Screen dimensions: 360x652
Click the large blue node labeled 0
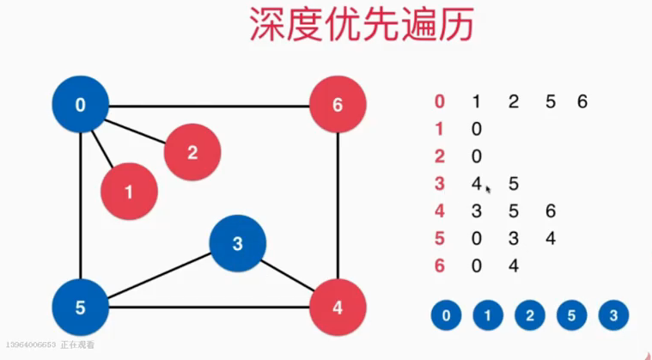(x=80, y=106)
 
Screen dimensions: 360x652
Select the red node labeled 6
(x=338, y=106)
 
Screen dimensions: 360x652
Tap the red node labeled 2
(x=192, y=153)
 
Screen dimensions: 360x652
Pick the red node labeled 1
(x=129, y=191)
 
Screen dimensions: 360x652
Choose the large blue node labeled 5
(x=80, y=307)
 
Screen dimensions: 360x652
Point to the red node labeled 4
(x=338, y=307)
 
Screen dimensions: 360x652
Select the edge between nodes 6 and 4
(x=338, y=206)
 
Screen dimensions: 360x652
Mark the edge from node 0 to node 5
(x=80, y=206)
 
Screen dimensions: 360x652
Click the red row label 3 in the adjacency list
(x=440, y=184)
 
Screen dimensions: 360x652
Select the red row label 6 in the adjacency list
(x=440, y=265)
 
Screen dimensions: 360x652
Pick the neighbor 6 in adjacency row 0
(x=582, y=102)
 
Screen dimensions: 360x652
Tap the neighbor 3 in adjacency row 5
(x=513, y=238)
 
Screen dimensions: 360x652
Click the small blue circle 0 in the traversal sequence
(x=446, y=314)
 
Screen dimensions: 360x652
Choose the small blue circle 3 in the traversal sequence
(x=613, y=314)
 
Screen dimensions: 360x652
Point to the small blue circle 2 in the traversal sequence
(x=530, y=314)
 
